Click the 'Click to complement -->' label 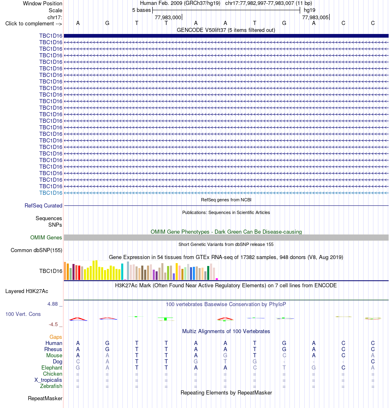[x=34, y=24]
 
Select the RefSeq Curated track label [x=43, y=205]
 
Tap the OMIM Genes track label [x=46, y=238]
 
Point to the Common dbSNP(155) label [x=36, y=250]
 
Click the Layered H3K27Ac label [x=27, y=291]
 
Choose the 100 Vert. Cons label [x=23, y=314]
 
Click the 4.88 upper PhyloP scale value [x=52, y=304]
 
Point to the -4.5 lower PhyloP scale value [x=53, y=325]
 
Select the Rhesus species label [x=53, y=349]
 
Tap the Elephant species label [x=52, y=367]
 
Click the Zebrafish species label [x=51, y=386]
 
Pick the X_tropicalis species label [x=48, y=380]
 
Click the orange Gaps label [x=56, y=337]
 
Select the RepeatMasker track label [x=45, y=398]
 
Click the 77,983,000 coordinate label [x=168, y=18]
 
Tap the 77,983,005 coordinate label [x=315, y=18]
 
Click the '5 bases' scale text [x=141, y=10]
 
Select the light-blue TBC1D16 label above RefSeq [x=51, y=193]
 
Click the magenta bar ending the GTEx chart [x=217, y=279]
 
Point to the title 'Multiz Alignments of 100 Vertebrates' [x=226, y=331]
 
